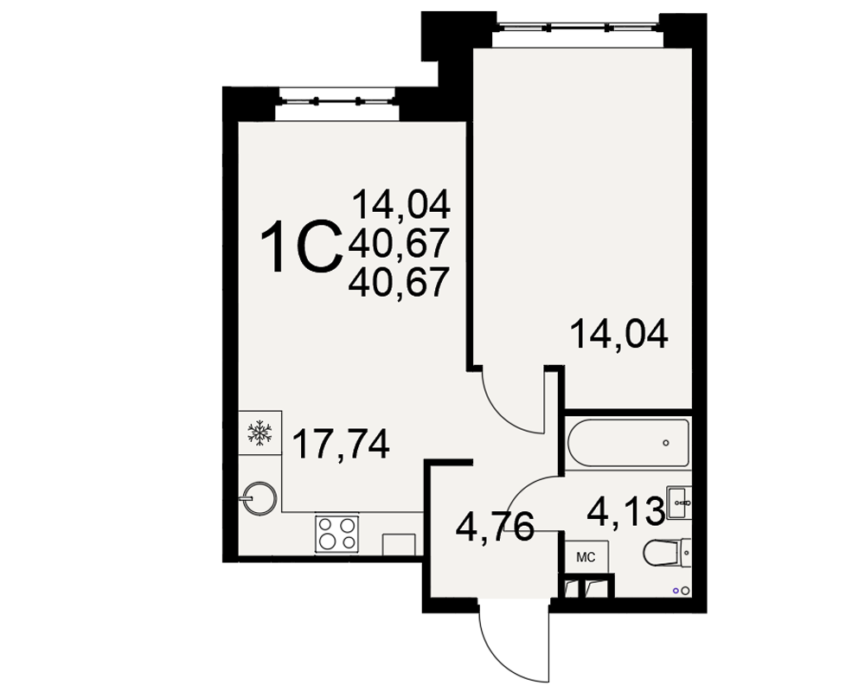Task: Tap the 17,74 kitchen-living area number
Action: [x=340, y=445]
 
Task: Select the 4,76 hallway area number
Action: [x=495, y=527]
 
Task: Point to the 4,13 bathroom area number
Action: [x=625, y=511]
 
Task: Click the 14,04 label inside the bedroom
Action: [x=619, y=334]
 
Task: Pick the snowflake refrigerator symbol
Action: [x=259, y=432]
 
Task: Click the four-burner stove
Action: [x=337, y=534]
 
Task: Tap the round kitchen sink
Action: [x=259, y=499]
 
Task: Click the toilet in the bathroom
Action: [x=667, y=553]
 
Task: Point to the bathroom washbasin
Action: [x=679, y=503]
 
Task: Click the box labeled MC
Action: [x=586, y=557]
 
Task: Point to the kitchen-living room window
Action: [x=337, y=101]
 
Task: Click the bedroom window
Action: [x=578, y=25]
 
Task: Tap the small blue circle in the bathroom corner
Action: [x=676, y=591]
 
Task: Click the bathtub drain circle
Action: [x=666, y=443]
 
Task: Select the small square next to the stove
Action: [x=398, y=544]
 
